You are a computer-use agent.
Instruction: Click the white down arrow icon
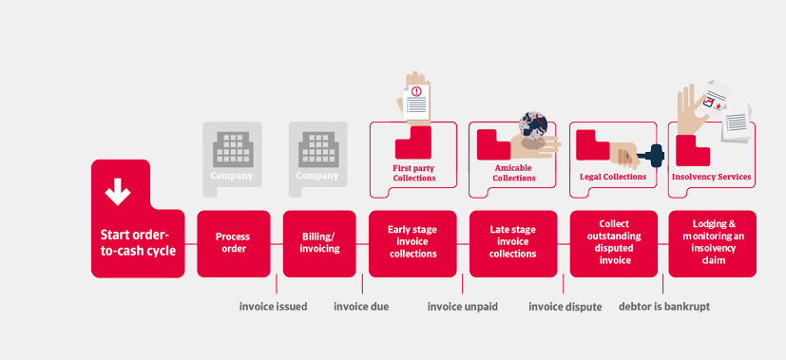pos(118,191)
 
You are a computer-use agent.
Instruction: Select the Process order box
pos(234,244)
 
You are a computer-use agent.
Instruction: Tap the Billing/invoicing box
pos(319,244)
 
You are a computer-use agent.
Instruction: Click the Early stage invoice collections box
pos(412,244)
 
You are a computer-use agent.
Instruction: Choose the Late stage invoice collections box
pos(513,244)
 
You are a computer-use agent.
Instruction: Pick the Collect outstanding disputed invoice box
pos(614,244)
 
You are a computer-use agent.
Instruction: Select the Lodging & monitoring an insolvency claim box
pos(712,244)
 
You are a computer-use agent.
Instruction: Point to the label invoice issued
pos(273,307)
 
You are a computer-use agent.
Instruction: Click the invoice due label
pos(361,307)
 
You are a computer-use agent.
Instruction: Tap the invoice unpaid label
pos(463,307)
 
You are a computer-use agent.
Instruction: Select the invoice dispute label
pos(565,307)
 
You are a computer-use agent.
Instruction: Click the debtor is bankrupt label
pos(664,307)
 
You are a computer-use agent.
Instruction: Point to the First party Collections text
pos(414,173)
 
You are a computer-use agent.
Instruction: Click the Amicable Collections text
pos(514,173)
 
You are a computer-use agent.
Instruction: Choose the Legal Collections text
pos(613,177)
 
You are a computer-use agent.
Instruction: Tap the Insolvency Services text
pos(711,177)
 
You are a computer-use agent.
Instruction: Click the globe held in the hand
pos(533,125)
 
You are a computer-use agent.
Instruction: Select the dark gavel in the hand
pos(652,155)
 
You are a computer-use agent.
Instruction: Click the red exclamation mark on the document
pos(416,91)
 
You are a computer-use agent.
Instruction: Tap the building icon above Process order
pos(232,149)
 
